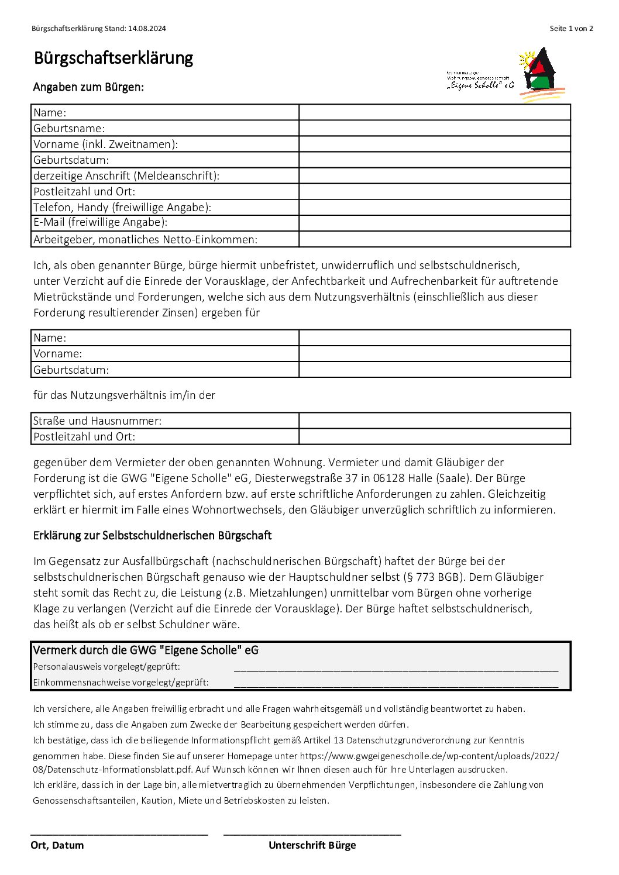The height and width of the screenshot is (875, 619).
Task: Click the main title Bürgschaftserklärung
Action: coord(113,58)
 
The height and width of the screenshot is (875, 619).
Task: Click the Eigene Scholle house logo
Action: coord(542,75)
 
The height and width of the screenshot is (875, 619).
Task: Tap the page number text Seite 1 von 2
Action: coord(571,29)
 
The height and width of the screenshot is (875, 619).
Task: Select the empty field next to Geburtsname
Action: coord(434,128)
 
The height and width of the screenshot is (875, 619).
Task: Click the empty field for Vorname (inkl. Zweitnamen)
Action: coord(434,144)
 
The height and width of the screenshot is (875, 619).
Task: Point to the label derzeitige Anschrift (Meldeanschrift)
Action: coord(126,175)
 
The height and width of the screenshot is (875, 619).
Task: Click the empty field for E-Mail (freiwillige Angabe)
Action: coord(434,223)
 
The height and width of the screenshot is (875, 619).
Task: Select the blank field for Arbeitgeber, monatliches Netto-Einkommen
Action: coord(434,239)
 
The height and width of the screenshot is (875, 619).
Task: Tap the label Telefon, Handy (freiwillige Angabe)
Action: coord(122,207)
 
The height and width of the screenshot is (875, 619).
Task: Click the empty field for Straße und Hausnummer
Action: coord(434,421)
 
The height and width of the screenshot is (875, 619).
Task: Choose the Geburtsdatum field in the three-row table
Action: coord(434,370)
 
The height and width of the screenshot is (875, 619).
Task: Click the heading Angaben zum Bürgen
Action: coord(88,87)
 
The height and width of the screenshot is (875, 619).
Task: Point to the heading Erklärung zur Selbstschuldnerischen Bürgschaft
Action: coord(152,535)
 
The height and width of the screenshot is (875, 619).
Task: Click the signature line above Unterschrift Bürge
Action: coord(312,834)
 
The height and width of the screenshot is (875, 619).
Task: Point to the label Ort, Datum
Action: coord(57,845)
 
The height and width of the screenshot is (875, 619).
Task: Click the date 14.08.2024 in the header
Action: coord(147,29)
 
